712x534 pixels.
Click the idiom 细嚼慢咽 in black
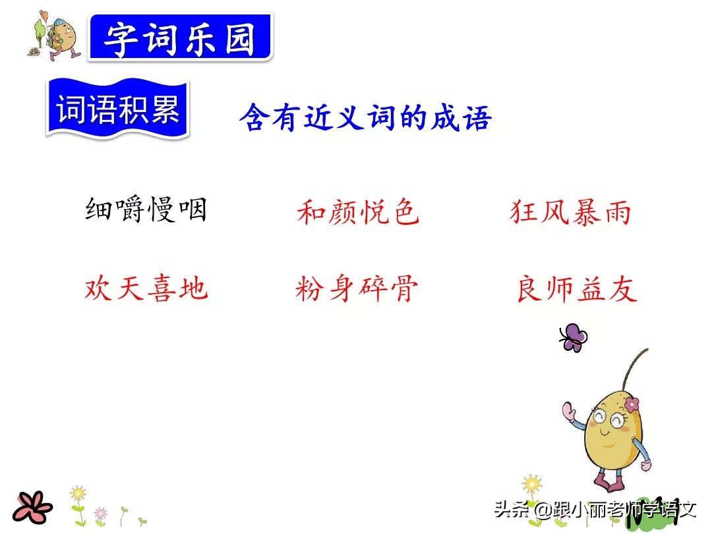click(x=146, y=211)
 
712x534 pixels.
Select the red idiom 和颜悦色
click(x=358, y=213)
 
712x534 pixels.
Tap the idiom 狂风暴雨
click(x=571, y=213)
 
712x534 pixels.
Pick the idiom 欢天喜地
click(x=146, y=289)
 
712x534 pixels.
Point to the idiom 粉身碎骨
click(x=357, y=289)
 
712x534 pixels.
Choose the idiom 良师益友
click(x=576, y=289)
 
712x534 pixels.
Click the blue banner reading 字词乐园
click(x=180, y=39)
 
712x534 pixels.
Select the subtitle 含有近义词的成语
click(x=365, y=119)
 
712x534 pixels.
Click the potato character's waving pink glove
click(x=568, y=413)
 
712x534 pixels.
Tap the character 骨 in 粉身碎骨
click(x=402, y=289)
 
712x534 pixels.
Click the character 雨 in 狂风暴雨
click(x=616, y=213)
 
